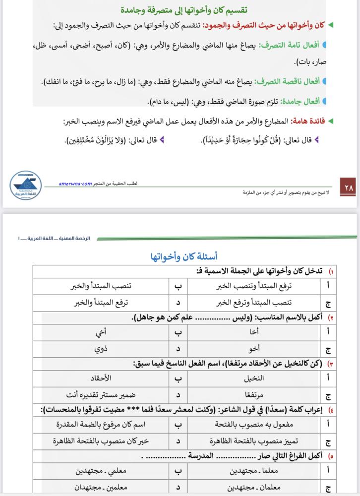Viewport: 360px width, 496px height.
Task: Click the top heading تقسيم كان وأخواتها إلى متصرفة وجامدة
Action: [178, 10]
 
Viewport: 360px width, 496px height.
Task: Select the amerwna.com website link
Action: [75, 183]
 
